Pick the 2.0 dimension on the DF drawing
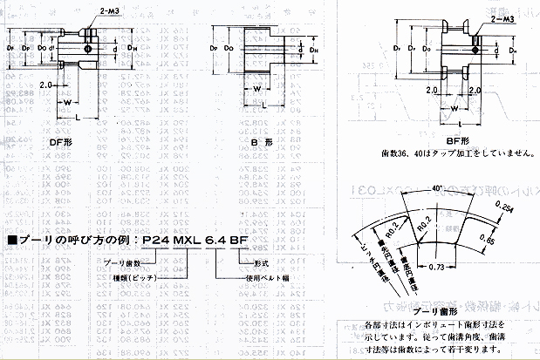(x=47, y=85)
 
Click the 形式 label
(x=263, y=262)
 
